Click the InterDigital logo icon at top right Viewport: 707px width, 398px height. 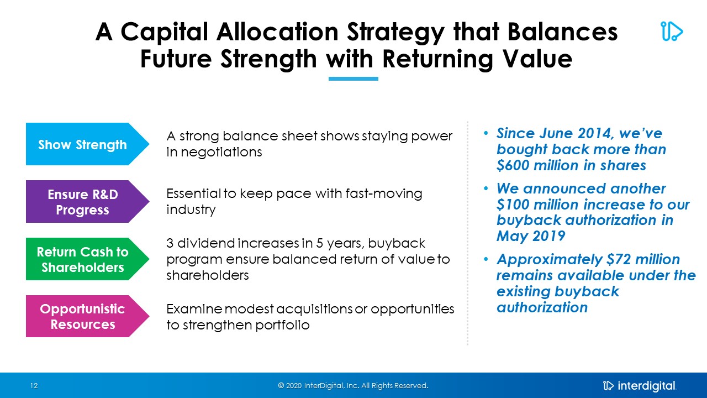click(671, 32)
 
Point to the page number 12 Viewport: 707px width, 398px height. click(34, 386)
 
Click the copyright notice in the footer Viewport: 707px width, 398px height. click(353, 386)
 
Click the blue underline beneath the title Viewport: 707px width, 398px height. click(353, 78)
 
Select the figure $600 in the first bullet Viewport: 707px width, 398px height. click(513, 165)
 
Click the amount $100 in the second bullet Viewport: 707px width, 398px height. click(513, 205)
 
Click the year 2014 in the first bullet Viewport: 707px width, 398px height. click(598, 133)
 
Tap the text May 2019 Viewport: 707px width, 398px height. click(531, 236)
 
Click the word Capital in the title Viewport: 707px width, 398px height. click(165, 32)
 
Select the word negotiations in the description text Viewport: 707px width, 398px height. click(221, 152)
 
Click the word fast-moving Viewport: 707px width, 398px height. click(384, 193)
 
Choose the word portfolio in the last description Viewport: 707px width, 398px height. click(282, 325)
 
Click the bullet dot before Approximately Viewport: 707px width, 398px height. click(486, 260)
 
